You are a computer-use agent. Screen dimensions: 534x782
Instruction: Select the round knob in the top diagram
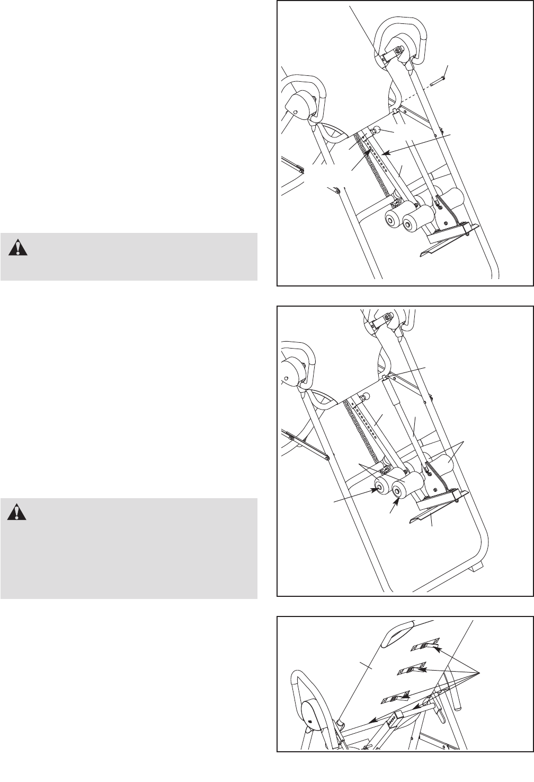[x=377, y=129]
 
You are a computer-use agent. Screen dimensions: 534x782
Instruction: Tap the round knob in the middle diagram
[x=365, y=396]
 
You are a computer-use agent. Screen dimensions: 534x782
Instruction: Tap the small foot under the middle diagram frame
[x=476, y=567]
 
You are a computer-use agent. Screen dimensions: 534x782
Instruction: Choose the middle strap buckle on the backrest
[x=413, y=670]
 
